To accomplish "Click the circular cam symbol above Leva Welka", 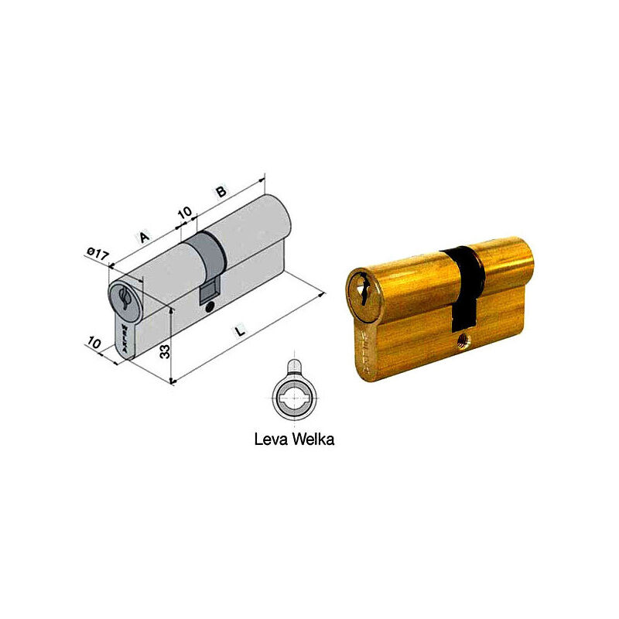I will [x=294, y=398].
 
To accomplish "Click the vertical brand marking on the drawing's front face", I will [x=121, y=337].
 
